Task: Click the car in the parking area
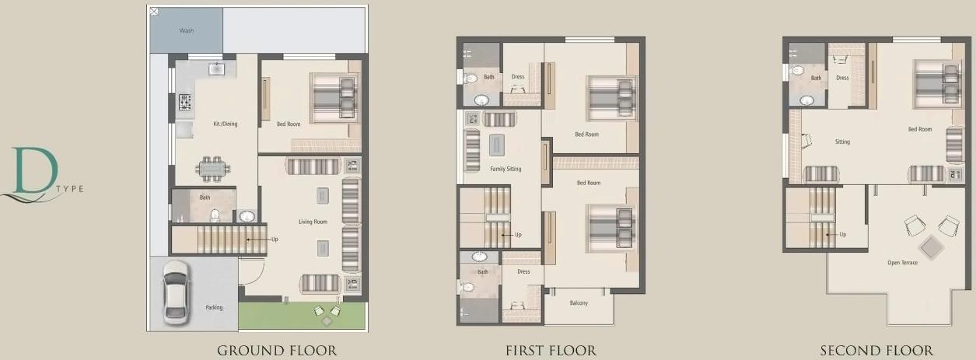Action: click(x=176, y=291)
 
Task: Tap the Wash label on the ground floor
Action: click(x=187, y=31)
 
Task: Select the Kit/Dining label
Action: click(x=226, y=124)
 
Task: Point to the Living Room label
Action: click(x=313, y=222)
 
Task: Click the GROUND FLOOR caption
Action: click(x=277, y=351)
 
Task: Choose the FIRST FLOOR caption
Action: click(x=551, y=351)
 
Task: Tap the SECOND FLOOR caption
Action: click(x=876, y=351)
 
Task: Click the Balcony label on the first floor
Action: click(x=579, y=302)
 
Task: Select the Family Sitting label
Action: click(x=505, y=169)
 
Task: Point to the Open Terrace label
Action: click(x=902, y=263)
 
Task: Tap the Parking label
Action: click(x=214, y=307)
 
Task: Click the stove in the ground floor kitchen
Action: click(x=186, y=101)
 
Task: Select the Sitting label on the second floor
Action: click(x=842, y=142)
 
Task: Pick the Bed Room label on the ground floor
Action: click(x=288, y=124)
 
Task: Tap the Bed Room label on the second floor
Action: click(x=920, y=129)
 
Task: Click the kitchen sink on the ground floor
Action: click(x=216, y=70)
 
